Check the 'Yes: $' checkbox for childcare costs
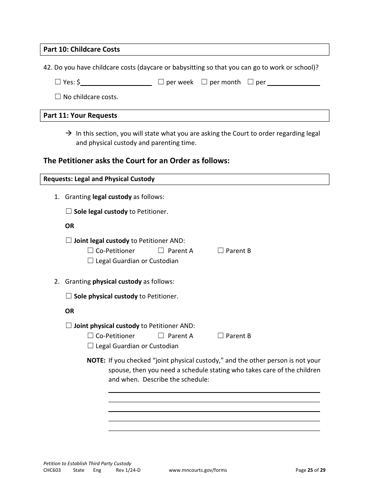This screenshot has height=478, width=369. (58, 82)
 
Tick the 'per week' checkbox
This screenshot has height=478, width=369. (161, 82)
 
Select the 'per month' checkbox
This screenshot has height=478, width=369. (204, 82)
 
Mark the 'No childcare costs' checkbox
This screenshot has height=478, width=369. (58, 97)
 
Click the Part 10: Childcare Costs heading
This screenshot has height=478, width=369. (82, 49)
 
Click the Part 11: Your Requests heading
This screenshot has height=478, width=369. (80, 115)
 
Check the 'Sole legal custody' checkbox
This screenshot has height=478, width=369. (69, 211)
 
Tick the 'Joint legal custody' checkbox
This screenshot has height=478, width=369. (69, 241)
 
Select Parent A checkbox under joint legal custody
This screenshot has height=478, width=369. (161, 251)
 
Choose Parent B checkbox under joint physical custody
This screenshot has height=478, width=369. (221, 336)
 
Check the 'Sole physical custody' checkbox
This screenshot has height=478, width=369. (69, 296)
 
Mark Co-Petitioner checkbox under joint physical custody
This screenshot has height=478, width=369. (91, 336)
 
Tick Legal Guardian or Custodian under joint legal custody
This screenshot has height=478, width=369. (91, 261)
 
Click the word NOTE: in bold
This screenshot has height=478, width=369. (96, 360)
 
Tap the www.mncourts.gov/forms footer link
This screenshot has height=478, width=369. (198, 470)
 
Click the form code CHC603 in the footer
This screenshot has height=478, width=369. (52, 470)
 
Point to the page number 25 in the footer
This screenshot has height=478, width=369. (310, 470)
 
